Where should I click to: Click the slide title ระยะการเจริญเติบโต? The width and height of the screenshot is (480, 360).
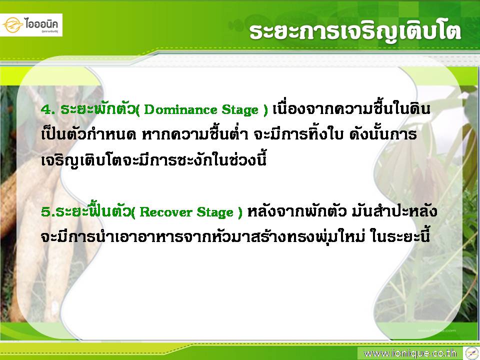[x=355, y=32]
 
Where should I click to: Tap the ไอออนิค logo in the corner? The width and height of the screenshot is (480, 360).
[x=31, y=25]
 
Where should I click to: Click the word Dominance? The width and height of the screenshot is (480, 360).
[x=180, y=109]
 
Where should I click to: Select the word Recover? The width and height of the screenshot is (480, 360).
[x=165, y=212]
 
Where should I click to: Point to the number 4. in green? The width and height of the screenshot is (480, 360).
[x=48, y=109]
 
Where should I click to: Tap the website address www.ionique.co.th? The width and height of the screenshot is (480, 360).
[x=410, y=353]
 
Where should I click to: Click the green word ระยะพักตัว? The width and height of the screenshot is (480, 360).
[x=98, y=108]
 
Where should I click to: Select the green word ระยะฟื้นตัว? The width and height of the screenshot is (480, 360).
[x=93, y=210]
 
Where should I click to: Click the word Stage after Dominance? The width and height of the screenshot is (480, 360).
[x=240, y=110]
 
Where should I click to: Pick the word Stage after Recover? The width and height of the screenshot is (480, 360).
[x=215, y=212]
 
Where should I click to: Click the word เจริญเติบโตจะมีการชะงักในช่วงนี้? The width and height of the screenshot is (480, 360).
[x=153, y=159]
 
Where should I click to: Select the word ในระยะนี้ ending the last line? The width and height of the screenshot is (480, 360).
[x=400, y=236]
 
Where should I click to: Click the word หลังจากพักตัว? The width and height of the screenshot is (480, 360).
[x=296, y=211]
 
